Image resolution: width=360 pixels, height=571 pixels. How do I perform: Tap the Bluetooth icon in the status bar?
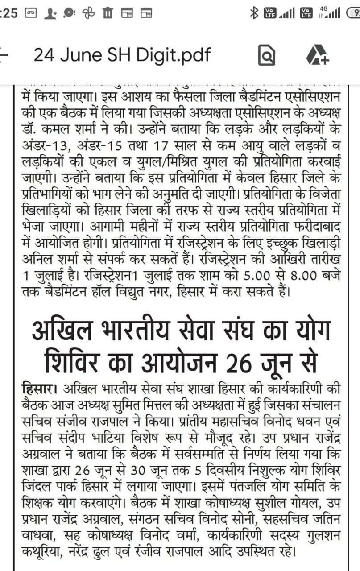click(x=254, y=13)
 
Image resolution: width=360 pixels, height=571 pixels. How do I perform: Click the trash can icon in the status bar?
click(x=107, y=13)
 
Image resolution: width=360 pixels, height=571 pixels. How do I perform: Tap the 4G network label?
click(x=324, y=8)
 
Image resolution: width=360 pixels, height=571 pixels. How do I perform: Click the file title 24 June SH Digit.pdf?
click(x=122, y=55)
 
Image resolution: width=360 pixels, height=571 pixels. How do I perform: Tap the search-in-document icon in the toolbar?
click(x=267, y=56)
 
